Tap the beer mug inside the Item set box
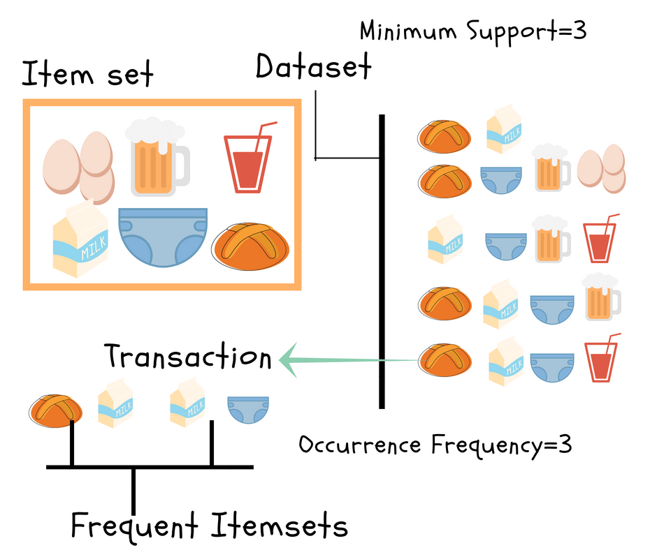[155, 159]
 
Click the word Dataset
[312, 68]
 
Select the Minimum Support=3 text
[471, 31]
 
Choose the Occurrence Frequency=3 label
[435, 445]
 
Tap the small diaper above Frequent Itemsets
[246, 410]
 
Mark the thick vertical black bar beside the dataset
[382, 262]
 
